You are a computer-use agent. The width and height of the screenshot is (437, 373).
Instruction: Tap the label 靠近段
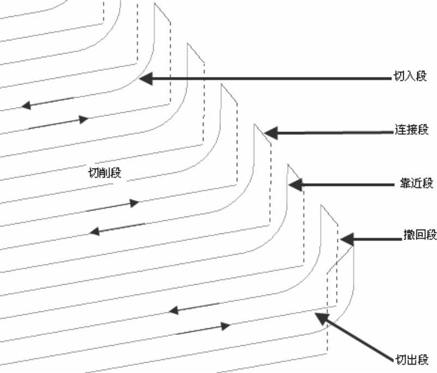pos(416,183)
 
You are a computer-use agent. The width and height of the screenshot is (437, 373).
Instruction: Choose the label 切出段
pos(411,360)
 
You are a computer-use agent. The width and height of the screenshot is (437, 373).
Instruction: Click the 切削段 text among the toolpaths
pos(105,173)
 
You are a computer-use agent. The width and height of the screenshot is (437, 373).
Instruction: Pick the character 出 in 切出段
pos(411,360)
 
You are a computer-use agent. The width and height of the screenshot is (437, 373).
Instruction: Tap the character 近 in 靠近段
pos(416,183)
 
